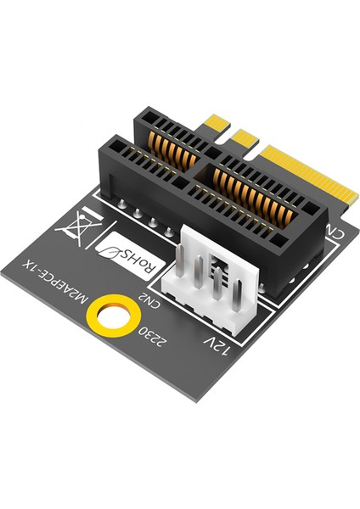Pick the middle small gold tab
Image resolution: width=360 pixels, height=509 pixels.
[x=246, y=136]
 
